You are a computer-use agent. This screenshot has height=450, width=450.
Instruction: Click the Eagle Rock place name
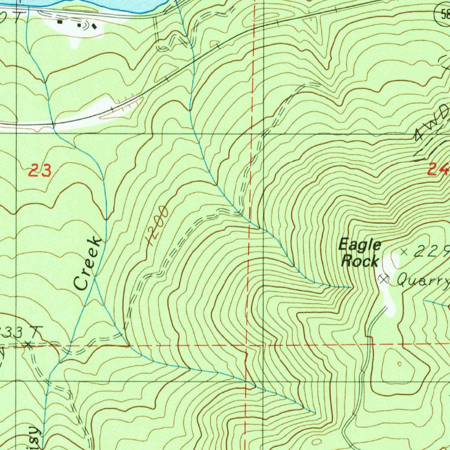coord(359,253)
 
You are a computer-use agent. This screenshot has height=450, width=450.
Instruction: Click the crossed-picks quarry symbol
coord(384,279)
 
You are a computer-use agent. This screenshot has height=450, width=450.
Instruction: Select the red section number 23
coord(40,170)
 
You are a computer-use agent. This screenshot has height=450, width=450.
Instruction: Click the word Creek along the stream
coord(88,264)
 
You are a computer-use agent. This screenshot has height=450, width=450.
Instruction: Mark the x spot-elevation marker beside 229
coord(405,252)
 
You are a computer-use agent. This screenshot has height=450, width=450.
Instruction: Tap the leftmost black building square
coord(60,21)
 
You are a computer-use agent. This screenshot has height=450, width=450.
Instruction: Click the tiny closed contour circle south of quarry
coord(399,364)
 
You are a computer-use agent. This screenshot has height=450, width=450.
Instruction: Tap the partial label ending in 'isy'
coord(35,437)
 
